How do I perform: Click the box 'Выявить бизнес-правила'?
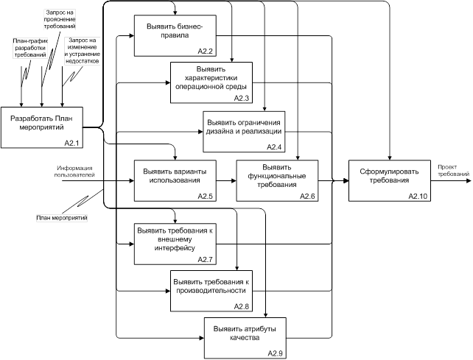(173, 35)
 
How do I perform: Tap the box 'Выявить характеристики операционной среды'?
(211, 81)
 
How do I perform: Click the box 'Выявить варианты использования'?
(173, 179)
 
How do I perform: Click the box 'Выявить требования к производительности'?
(211, 288)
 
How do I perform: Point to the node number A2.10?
(417, 196)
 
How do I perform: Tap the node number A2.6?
(308, 196)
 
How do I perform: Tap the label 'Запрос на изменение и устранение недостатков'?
(82, 49)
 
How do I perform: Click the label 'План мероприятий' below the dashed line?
(62, 219)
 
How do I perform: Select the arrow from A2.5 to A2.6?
(225, 179)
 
